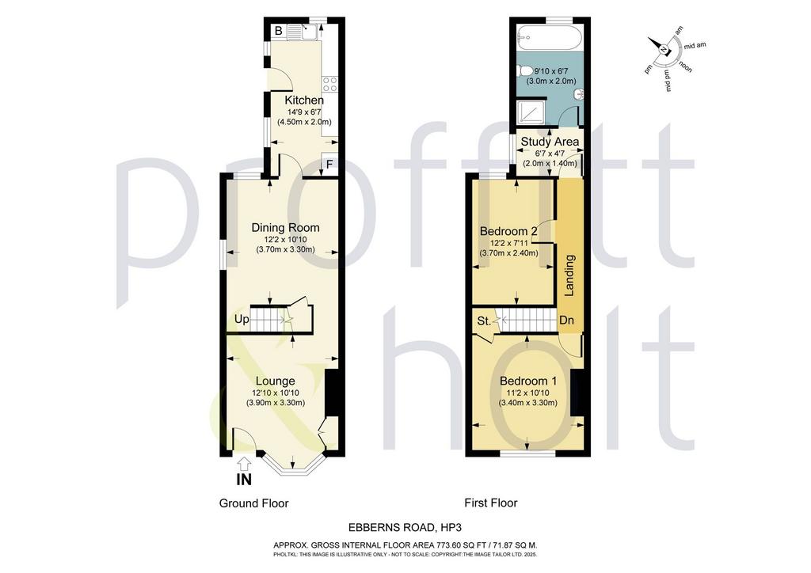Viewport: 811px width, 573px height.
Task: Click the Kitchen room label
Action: (304, 101)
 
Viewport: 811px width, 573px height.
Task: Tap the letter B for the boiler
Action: (278, 31)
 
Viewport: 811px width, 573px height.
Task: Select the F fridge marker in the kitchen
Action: (329, 165)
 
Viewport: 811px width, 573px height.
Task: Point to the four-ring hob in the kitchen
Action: (330, 84)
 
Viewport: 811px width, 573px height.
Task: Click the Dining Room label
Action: (285, 227)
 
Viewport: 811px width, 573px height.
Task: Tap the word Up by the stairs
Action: (242, 320)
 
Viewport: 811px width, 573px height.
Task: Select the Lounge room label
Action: (275, 381)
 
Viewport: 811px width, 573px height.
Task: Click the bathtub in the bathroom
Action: (550, 37)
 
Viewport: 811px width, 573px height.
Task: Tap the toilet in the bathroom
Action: (526, 70)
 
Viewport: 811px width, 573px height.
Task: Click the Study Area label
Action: (550, 142)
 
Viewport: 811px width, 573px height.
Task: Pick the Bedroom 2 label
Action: (508, 231)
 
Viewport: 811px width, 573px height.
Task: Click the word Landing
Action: (569, 275)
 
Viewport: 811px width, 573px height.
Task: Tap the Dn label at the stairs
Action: (567, 321)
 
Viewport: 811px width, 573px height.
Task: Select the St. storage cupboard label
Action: (484, 321)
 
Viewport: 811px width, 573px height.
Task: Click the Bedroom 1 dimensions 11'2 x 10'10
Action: (528, 393)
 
